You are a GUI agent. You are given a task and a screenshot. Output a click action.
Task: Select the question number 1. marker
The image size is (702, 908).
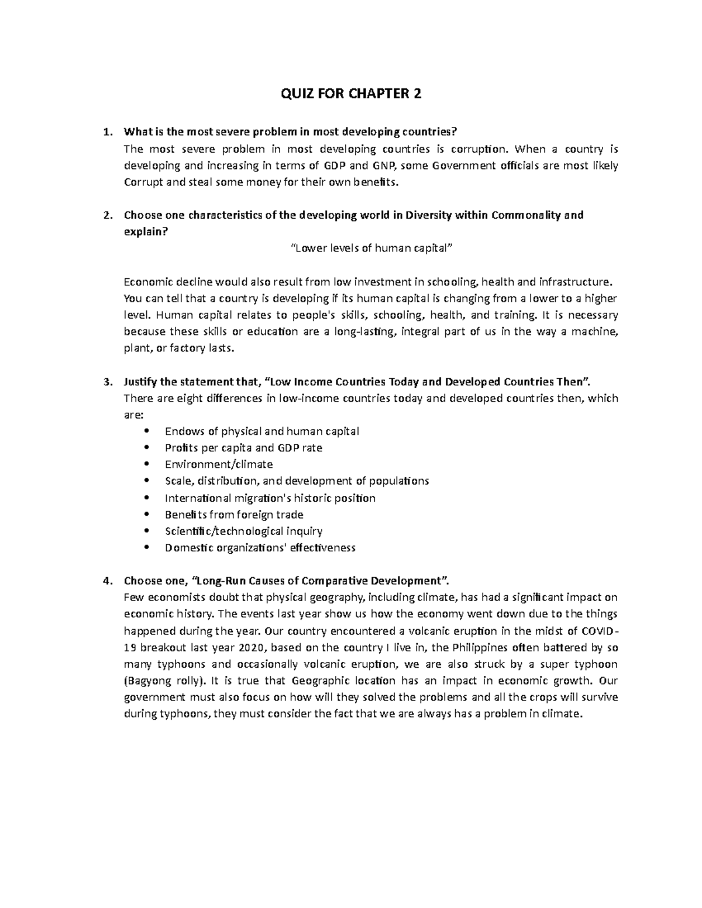[106, 132]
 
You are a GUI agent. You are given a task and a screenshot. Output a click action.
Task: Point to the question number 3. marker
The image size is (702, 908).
[106, 382]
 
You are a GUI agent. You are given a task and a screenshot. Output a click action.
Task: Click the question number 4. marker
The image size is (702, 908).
[106, 581]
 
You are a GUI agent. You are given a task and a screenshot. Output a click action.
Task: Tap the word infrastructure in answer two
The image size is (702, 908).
[578, 281]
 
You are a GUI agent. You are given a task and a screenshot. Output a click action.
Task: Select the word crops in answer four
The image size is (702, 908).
[536, 697]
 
